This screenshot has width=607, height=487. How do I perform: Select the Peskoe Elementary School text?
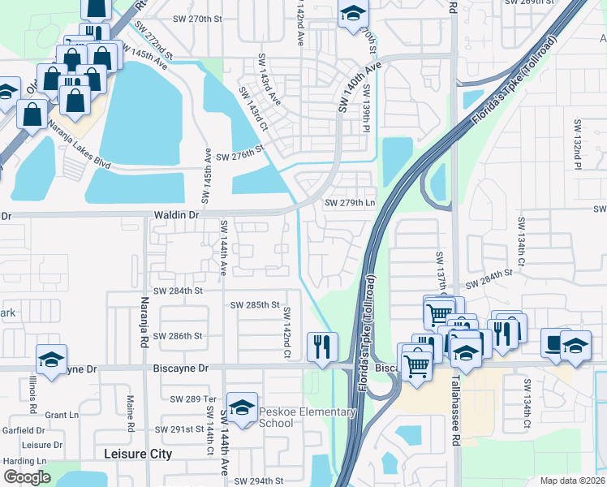pyautogui.click(x=308, y=417)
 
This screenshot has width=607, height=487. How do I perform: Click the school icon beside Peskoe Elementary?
pyautogui.click(x=242, y=407)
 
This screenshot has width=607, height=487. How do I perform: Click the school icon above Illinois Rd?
pyautogui.click(x=50, y=360)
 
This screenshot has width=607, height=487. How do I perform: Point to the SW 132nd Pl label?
pyautogui.click(x=578, y=144)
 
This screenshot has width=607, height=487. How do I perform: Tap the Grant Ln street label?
pyautogui.click(x=62, y=415)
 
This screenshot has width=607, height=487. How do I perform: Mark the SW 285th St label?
pyautogui.click(x=255, y=305)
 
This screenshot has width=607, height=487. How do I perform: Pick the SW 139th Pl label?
pyautogui.click(x=367, y=110)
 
